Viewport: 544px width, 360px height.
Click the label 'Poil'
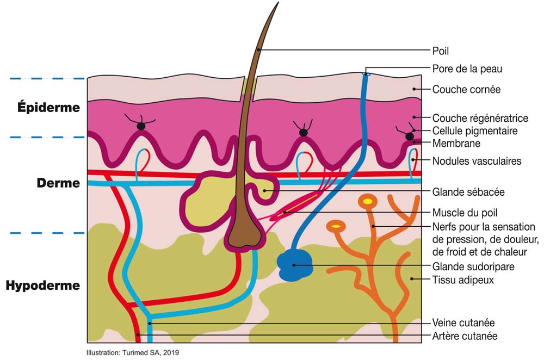pyautogui.click(x=440, y=51)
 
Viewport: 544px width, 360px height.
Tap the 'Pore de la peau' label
pyautogui.click(x=467, y=69)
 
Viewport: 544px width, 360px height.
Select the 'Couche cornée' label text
pyautogui.click(x=466, y=90)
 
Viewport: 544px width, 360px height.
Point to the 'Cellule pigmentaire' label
pyautogui.click(x=474, y=131)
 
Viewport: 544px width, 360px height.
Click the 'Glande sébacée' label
pyautogui.click(x=468, y=192)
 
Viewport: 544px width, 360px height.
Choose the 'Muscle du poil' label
pyautogui.click(x=465, y=213)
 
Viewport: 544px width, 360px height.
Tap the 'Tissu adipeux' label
pyautogui.click(x=463, y=280)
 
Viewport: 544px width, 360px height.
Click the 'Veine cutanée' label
pyautogui.click(x=463, y=322)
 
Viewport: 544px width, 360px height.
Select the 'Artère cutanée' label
pyautogui.click(x=465, y=336)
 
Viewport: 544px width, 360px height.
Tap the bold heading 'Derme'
pyautogui.click(x=58, y=183)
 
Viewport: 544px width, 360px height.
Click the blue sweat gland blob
pyautogui.click(x=294, y=265)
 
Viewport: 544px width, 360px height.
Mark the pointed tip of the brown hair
pyautogui.click(x=278, y=2)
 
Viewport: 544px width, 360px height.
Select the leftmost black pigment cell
pyautogui.click(x=141, y=126)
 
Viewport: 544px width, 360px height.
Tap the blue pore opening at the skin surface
pyautogui.click(x=366, y=74)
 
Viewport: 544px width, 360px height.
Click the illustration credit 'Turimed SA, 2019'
pyautogui.click(x=151, y=353)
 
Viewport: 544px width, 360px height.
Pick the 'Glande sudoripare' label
pyautogui.click(x=473, y=266)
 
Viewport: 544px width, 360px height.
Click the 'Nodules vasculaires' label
pyautogui.click(x=477, y=161)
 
